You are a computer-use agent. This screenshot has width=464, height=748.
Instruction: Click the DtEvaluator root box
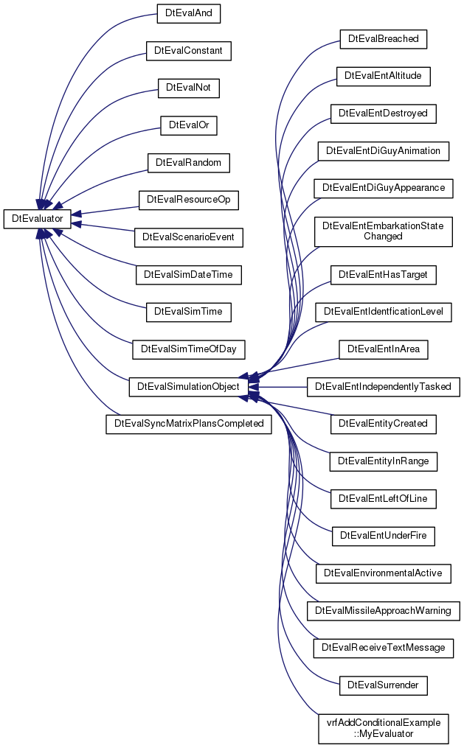coord(37,218)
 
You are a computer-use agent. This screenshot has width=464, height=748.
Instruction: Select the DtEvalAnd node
coord(189,13)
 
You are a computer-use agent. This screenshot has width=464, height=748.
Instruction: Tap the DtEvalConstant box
coord(189,51)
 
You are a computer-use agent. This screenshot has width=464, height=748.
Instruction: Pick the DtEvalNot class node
coord(189,88)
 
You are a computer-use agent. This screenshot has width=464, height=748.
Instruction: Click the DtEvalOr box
coord(189,125)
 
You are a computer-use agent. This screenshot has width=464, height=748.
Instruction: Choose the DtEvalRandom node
coord(189,163)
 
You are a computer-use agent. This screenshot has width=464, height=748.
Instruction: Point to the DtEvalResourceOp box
coord(189,200)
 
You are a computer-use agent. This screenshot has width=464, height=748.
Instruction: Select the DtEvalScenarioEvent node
coord(189,237)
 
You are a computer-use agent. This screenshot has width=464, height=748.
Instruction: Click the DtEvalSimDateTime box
coord(189,275)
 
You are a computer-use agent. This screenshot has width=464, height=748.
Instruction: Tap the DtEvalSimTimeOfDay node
coord(189,349)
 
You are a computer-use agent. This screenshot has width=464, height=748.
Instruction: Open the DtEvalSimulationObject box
coord(189,386)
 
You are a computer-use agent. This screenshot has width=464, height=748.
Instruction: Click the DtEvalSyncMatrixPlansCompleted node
coord(189,424)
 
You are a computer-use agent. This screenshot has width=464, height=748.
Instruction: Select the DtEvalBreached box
coord(384,38)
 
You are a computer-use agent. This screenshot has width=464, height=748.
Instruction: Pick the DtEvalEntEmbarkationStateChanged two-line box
coord(384,231)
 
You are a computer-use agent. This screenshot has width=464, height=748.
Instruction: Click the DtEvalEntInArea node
coord(384,349)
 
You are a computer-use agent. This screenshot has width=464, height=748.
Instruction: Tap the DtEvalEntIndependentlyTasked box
coord(384,386)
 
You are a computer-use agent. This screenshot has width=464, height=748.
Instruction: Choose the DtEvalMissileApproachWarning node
coord(384,611)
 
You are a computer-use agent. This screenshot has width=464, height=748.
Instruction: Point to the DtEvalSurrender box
coord(384,685)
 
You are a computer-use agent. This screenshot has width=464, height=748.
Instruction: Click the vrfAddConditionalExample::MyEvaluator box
coord(384,728)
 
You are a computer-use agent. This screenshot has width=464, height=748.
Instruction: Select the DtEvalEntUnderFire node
coord(384,536)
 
